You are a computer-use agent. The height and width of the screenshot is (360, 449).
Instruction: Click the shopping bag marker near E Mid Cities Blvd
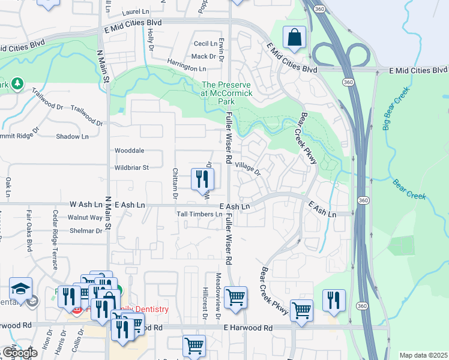[295, 37]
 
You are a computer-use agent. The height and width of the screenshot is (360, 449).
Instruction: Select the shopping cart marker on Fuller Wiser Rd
[235, 296]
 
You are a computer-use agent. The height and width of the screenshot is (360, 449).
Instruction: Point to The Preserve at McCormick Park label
[227, 94]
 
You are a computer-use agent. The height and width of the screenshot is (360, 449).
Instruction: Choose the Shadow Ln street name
[72, 137]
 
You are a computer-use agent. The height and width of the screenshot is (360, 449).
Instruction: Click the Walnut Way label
[85, 217]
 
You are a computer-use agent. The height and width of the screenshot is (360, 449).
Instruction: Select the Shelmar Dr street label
[86, 231]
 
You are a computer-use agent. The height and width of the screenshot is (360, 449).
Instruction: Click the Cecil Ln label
[205, 44]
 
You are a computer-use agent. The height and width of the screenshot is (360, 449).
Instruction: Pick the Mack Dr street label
[203, 56]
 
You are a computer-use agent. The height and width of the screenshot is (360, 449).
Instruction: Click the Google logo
[20, 353]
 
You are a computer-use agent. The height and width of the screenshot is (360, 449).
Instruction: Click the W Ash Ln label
[86, 205]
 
